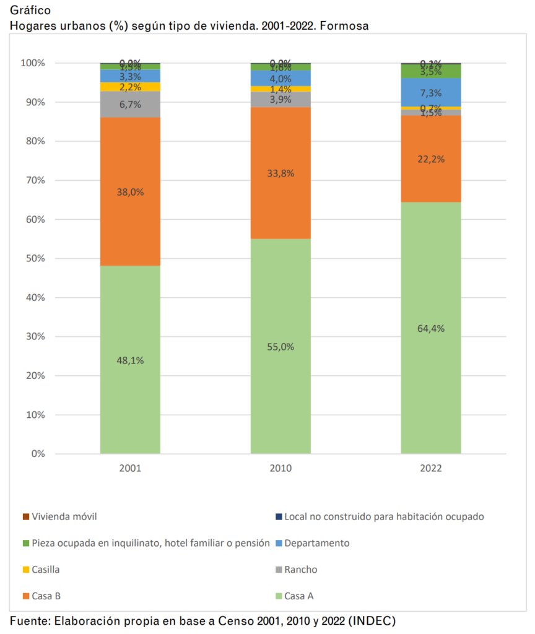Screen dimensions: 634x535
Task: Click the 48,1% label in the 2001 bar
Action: pos(130,360)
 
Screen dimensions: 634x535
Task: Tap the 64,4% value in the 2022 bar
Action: pos(430,328)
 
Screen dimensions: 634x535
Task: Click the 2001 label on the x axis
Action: pos(130,469)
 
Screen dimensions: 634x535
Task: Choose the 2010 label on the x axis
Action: pos(281,469)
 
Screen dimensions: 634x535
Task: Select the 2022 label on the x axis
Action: pos(430,469)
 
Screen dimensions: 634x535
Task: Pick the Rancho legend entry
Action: pos(302,570)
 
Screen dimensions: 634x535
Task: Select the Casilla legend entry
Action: pos(46,570)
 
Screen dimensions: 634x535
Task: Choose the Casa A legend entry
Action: pos(299,596)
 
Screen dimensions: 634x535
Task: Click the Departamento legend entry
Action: pos(317,543)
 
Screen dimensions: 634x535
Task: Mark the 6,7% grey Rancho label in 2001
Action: pos(130,105)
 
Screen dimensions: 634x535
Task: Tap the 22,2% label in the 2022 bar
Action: pos(430,159)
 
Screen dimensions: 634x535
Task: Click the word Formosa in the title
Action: pos(347,26)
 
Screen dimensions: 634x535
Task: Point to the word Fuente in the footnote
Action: pos(28,620)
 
